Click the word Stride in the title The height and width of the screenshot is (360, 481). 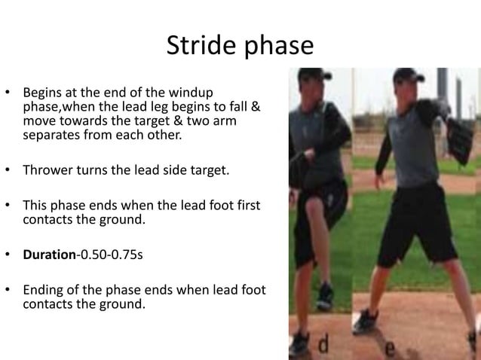coord(199,47)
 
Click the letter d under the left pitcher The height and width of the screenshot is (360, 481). coord(322,346)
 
